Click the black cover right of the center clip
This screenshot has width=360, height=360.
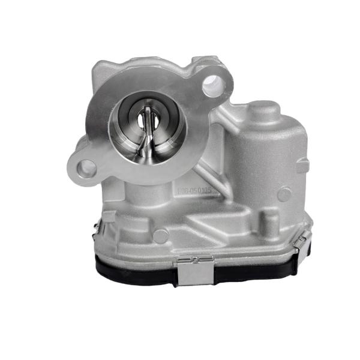pos(252,271)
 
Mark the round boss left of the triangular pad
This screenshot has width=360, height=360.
pos(160,235)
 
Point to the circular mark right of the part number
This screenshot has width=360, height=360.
pos(284,194)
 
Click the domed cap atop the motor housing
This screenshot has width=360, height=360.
pos(263,112)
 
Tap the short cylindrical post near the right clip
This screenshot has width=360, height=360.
pos(271,223)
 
